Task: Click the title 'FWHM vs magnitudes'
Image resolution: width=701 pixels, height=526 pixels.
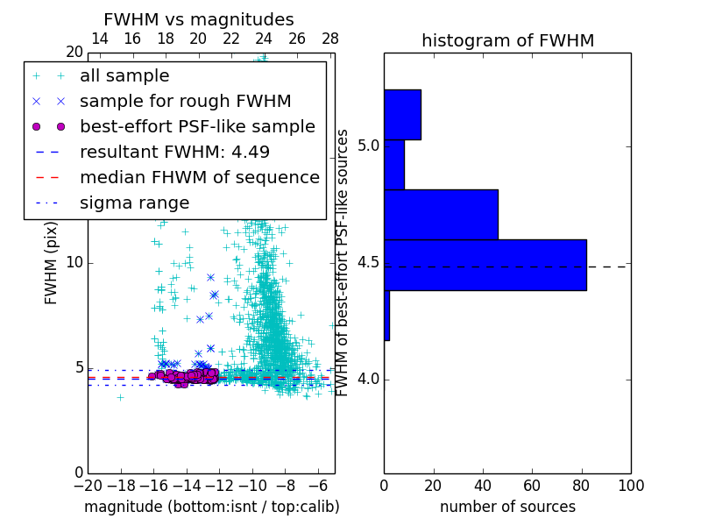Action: click(x=199, y=19)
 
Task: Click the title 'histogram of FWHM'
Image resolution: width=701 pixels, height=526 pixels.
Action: click(x=507, y=40)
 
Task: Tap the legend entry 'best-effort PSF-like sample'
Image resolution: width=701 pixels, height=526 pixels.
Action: click(x=197, y=127)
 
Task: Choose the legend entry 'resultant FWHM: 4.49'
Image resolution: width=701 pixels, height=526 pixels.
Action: click(x=173, y=153)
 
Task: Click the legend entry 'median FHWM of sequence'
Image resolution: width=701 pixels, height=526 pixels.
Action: click(x=199, y=178)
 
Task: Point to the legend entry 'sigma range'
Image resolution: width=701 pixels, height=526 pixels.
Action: click(x=134, y=203)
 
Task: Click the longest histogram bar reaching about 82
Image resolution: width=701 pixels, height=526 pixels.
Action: click(x=485, y=264)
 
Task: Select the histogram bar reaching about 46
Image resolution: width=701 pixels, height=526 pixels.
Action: click(x=441, y=214)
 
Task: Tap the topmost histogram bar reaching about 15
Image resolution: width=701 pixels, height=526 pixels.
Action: click(x=402, y=114)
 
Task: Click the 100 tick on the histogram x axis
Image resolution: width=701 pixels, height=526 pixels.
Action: click(x=630, y=485)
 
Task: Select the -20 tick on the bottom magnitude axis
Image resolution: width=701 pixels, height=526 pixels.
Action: click(x=88, y=485)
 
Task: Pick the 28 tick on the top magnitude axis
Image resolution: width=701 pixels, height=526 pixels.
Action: click(x=330, y=39)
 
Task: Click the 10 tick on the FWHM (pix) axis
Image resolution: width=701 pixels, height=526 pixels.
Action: click(x=74, y=263)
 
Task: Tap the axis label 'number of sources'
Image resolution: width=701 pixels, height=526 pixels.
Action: click(x=507, y=507)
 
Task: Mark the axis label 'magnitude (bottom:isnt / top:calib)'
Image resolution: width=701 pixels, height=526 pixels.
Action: click(x=211, y=507)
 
